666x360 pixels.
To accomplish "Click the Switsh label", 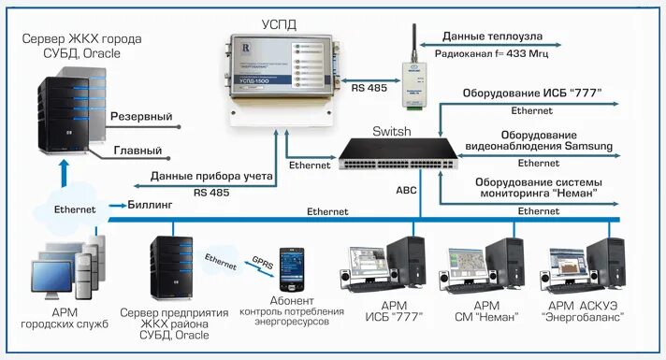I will pyautogui.click(x=390, y=132).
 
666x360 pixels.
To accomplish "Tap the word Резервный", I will pyautogui.click(x=141, y=117).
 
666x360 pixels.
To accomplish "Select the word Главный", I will pyautogui.click(x=137, y=150).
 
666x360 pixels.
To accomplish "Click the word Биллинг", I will pyautogui.click(x=151, y=204).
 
